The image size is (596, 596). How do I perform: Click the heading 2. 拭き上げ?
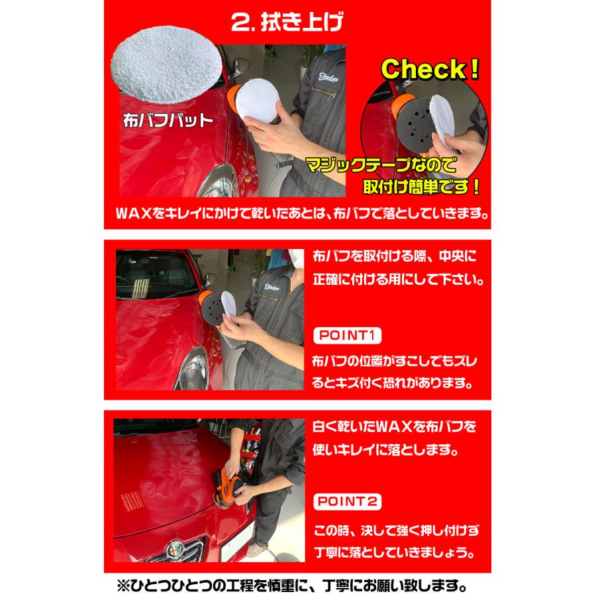pyautogui.click(x=287, y=22)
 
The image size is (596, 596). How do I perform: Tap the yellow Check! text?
pyautogui.click(x=430, y=70)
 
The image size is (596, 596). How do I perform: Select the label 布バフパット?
pyautogui.click(x=168, y=121)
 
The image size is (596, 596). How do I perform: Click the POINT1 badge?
pyautogui.click(x=347, y=336)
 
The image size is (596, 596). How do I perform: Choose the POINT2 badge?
pyautogui.click(x=347, y=501)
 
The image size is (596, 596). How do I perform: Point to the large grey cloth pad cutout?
pyautogui.click(x=166, y=65)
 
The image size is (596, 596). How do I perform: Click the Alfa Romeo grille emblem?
pyautogui.click(x=175, y=548)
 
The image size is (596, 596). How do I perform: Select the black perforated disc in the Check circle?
pyautogui.click(x=415, y=127)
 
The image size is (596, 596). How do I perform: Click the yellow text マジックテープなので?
pyautogui.click(x=381, y=165)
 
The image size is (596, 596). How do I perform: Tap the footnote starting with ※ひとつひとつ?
pyautogui.click(x=291, y=585)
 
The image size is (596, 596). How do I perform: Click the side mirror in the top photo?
pyautogui.click(x=240, y=66)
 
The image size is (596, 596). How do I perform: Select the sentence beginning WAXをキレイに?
pyautogui.click(x=302, y=214)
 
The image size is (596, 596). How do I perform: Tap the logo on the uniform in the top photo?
pyautogui.click(x=328, y=77)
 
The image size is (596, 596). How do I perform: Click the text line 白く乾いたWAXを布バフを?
pyautogui.click(x=394, y=426)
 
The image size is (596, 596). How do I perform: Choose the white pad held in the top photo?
pyautogui.click(x=257, y=101)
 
